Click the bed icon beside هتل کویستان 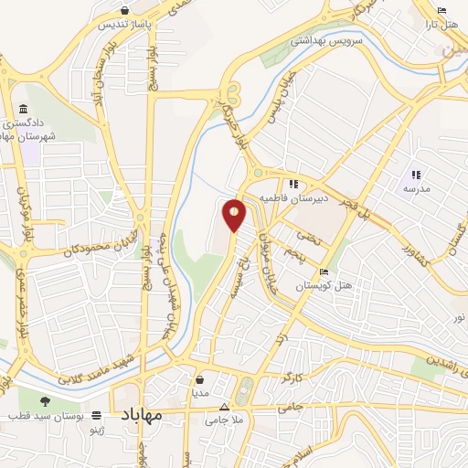(x=324, y=271)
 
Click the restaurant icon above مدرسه (x=416, y=175)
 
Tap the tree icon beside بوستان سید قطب (x=47, y=399)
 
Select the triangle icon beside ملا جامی (x=225, y=407)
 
